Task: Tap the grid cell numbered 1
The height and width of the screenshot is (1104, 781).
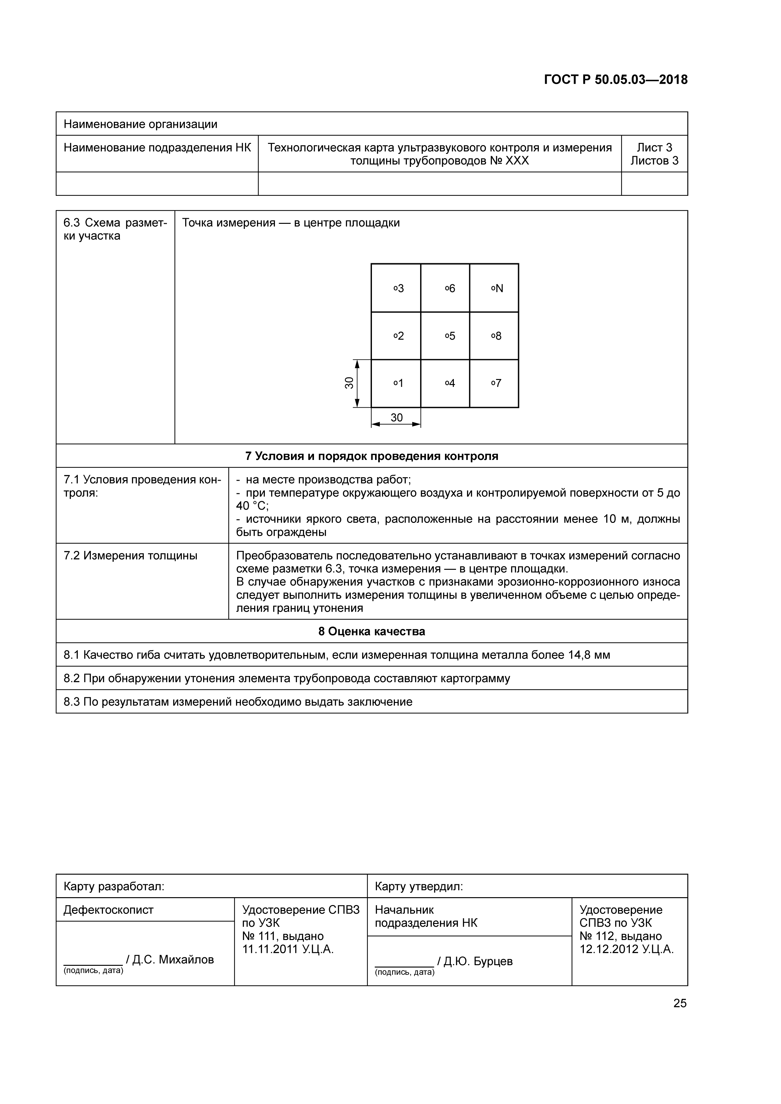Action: pyautogui.click(x=396, y=383)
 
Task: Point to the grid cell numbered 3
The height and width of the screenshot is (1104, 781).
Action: pyautogui.click(x=396, y=288)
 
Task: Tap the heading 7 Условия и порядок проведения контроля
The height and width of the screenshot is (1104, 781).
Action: pyautogui.click(x=371, y=456)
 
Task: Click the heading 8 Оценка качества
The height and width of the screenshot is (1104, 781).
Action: pyautogui.click(x=371, y=631)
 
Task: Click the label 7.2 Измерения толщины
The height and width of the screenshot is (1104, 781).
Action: pyautogui.click(x=130, y=556)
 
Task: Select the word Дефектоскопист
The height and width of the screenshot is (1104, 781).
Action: pyautogui.click(x=108, y=910)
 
